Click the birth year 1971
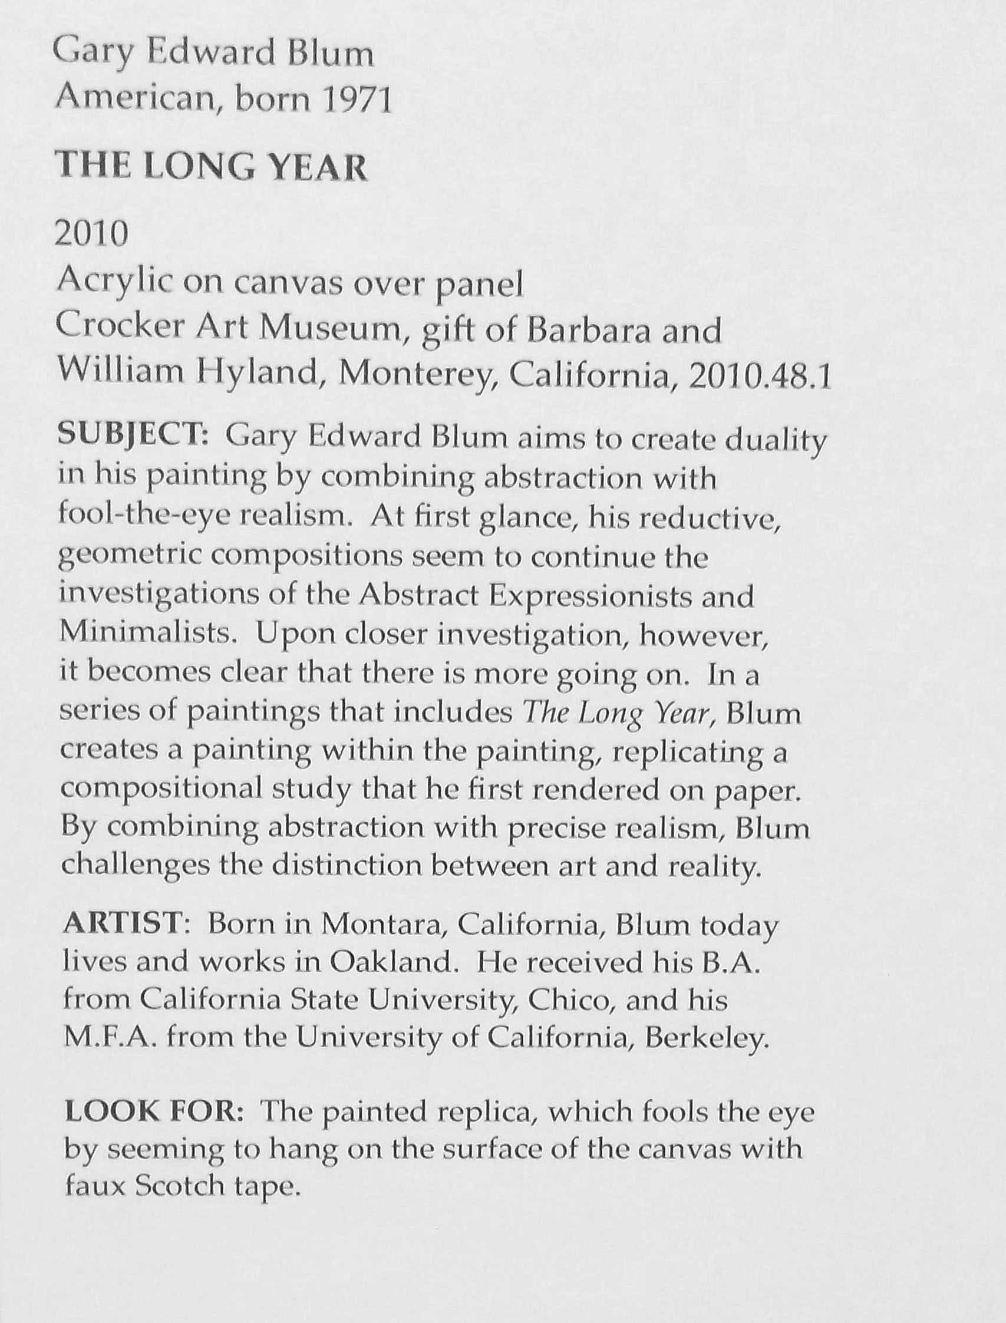pyautogui.click(x=357, y=100)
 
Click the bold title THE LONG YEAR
pyautogui.click(x=211, y=167)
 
